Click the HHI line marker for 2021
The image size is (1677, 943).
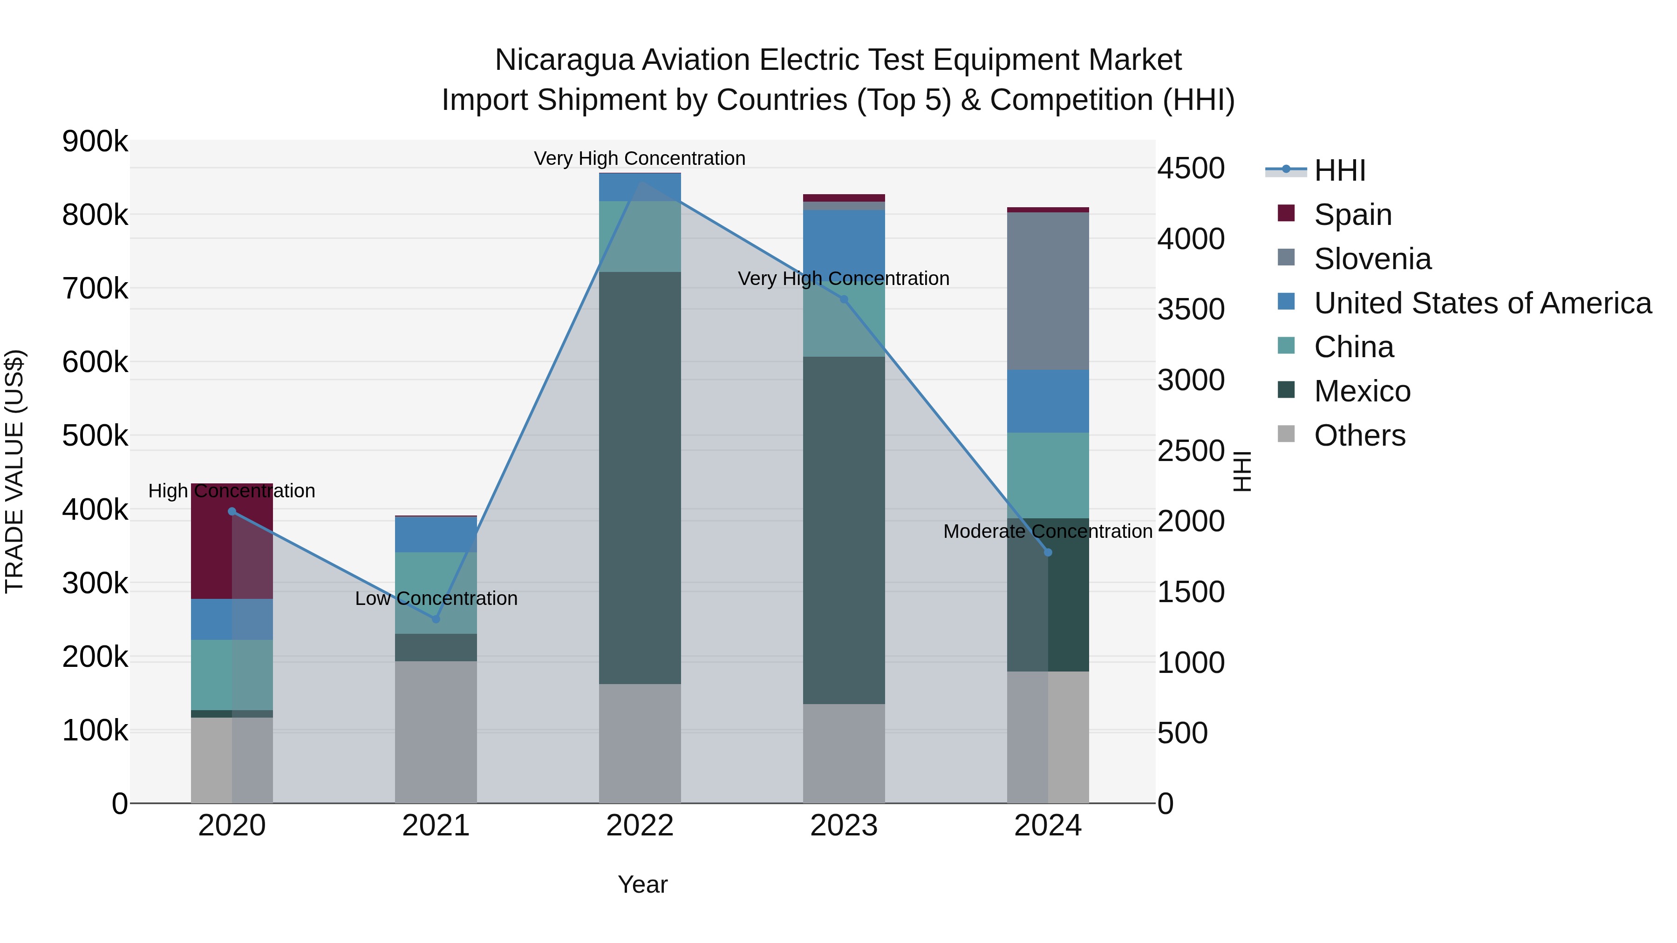coord(436,619)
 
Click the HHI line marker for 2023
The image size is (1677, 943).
coord(844,299)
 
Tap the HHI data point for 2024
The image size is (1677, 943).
coord(1048,552)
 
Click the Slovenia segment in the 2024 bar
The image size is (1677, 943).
coord(1048,291)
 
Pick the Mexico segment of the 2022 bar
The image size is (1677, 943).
coord(640,478)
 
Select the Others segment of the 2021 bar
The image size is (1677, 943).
coord(436,732)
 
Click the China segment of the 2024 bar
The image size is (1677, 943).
coord(1048,475)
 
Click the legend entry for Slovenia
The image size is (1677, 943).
coord(1372,259)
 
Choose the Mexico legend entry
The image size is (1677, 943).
coord(1362,391)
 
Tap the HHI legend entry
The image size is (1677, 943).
coord(1339,170)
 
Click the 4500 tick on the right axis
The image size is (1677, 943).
coord(1191,169)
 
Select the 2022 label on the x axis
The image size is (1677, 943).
coord(640,826)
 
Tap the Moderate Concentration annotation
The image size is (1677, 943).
coord(1048,532)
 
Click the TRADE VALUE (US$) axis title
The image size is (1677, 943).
coord(15,471)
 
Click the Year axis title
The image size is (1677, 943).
coord(642,884)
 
